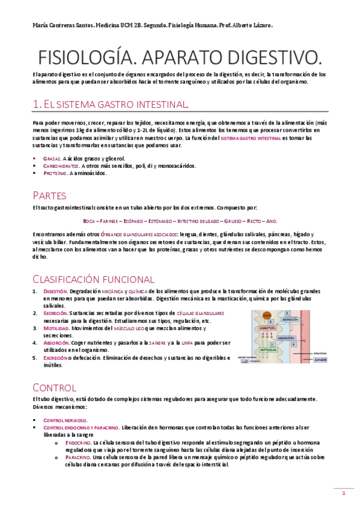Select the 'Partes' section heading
pos(50,195)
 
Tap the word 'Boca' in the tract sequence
pos(89,221)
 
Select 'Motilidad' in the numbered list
pos(55,328)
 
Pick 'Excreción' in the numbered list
pos(55,357)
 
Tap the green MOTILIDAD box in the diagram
pos(269,349)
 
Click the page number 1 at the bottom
pos(344,494)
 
